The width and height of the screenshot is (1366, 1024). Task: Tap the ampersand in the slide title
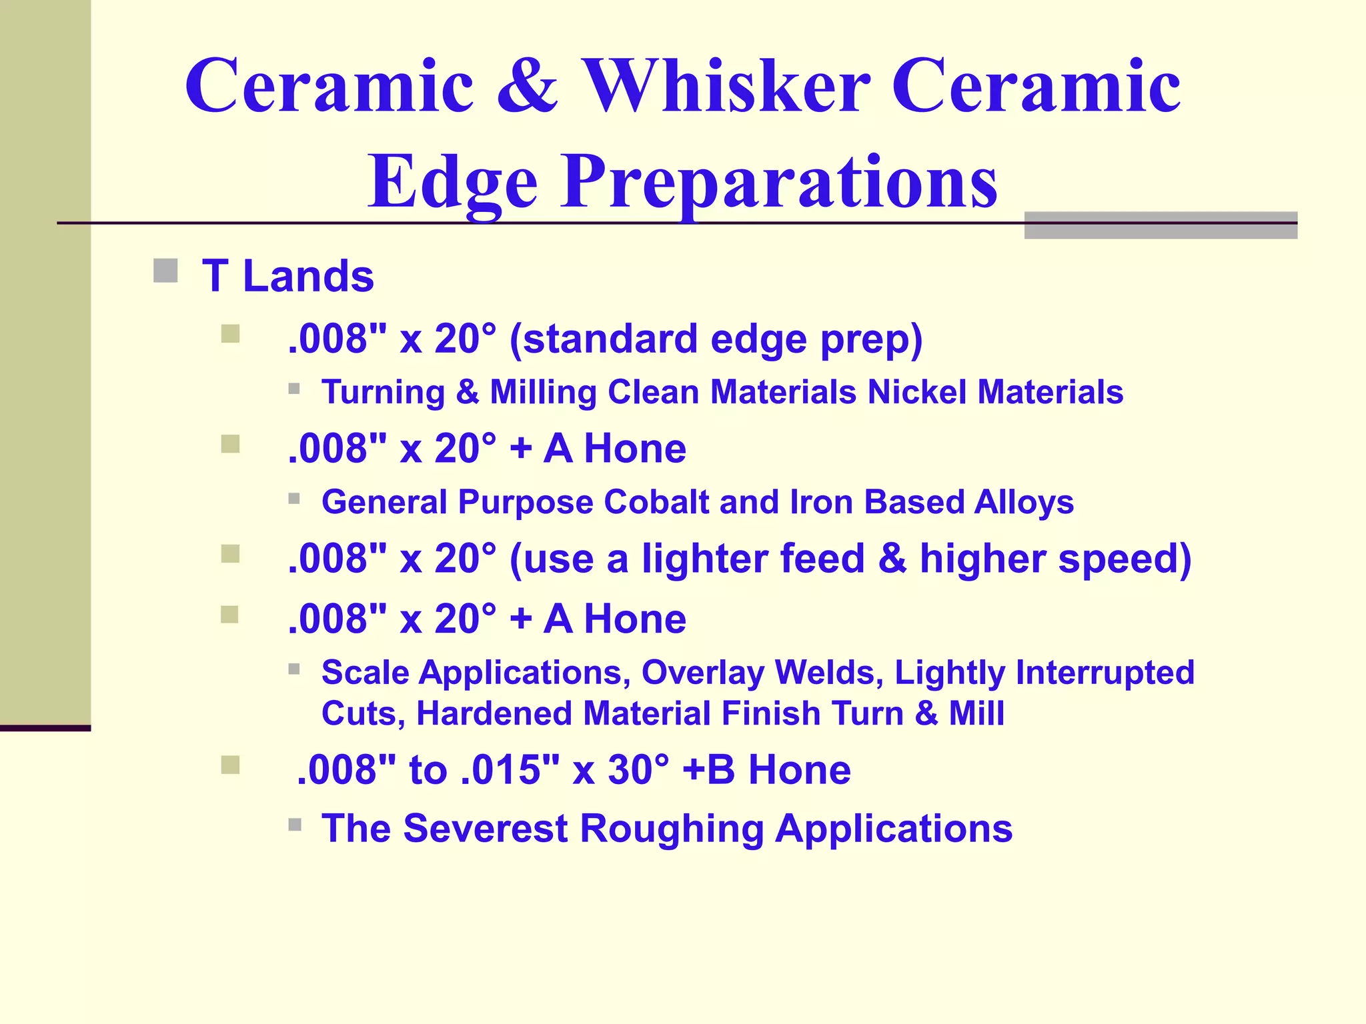click(x=527, y=87)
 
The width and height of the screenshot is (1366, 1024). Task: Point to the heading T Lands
click(x=287, y=276)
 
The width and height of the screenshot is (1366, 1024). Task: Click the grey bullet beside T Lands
click(x=165, y=271)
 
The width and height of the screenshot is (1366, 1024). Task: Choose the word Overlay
click(x=702, y=673)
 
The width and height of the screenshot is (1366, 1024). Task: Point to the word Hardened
click(x=494, y=713)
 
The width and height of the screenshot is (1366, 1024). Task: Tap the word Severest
click(x=486, y=829)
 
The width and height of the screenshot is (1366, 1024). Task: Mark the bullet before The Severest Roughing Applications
click(x=295, y=825)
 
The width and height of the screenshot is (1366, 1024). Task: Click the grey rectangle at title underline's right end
click(x=1161, y=225)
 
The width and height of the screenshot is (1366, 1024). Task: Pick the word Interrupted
click(x=1105, y=673)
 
